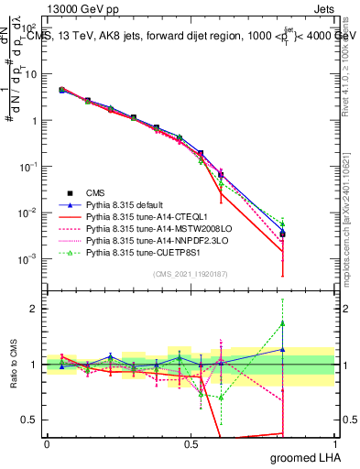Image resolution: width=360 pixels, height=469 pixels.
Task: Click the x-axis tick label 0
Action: (47, 443)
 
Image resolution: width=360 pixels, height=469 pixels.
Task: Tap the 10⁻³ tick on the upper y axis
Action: (29, 258)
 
